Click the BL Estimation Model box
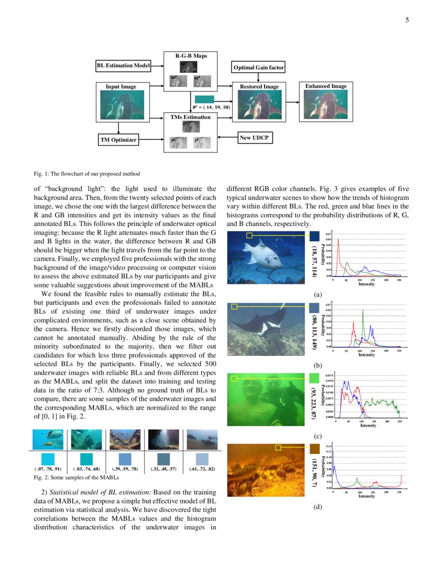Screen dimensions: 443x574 pos(124,66)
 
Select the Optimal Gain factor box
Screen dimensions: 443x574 pos(258,68)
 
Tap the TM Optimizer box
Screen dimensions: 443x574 pos(118,139)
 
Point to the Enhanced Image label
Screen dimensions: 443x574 pos(326,86)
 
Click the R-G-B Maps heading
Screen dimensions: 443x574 pos(190,55)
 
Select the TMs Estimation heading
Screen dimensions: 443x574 pos(190,117)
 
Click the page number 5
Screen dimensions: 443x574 pos(407,20)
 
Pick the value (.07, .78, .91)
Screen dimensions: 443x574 pos(47,469)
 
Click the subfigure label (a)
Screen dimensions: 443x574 pos(317,295)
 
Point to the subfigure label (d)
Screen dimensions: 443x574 pos(317,507)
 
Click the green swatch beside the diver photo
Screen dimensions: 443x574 pos(314,378)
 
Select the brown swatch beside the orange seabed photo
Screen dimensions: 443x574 pos(314,448)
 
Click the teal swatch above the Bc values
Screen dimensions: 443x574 pos(204,99)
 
